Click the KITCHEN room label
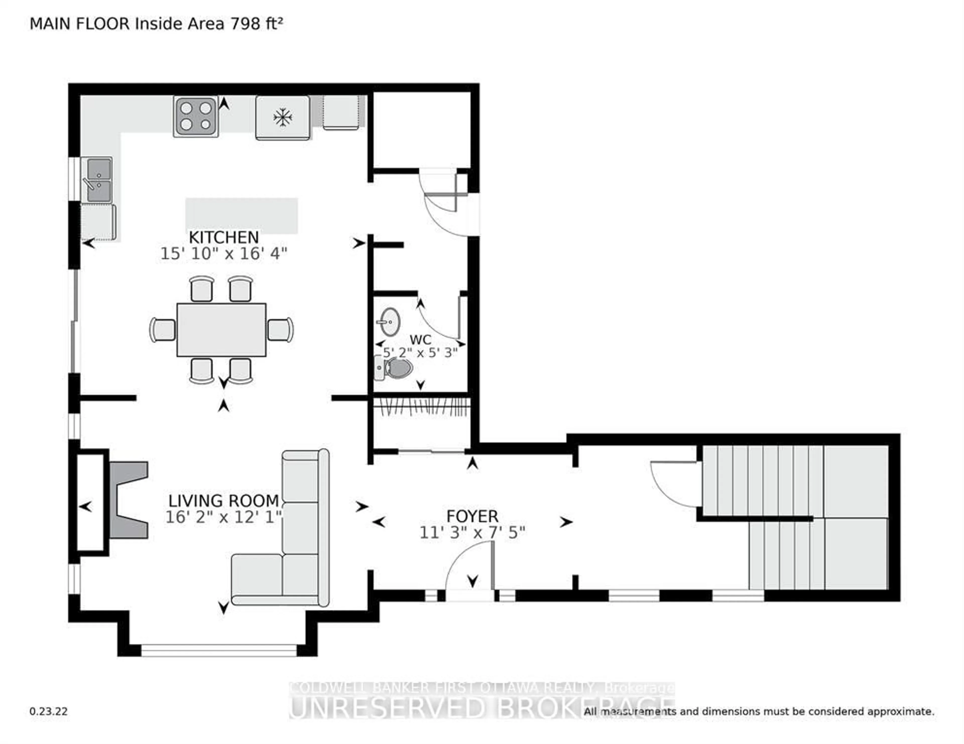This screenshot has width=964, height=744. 223,238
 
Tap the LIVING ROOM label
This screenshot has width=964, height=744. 223,501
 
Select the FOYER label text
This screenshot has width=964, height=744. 472,516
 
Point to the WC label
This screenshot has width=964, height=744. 420,340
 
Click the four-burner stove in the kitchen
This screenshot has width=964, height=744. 196,116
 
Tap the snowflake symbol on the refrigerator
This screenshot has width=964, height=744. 282,118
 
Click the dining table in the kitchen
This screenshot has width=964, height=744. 221,329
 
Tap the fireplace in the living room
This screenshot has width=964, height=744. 128,500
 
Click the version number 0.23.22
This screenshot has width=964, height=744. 48,711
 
